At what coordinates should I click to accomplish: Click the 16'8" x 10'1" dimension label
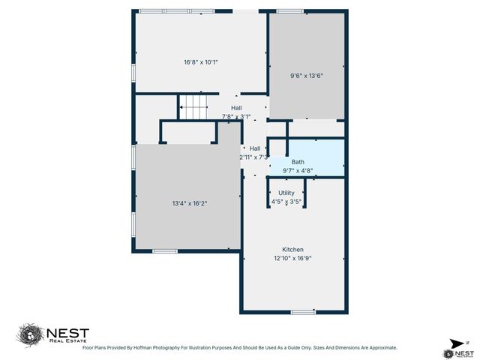201,61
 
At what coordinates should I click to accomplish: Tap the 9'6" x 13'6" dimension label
306,75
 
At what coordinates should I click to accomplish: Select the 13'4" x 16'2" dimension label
188,202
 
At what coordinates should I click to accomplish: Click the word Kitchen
292,250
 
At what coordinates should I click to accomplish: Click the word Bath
298,162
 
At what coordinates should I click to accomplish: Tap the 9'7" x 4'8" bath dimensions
298,171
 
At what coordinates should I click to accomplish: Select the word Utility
286,193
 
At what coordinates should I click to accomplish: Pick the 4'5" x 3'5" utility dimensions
286,202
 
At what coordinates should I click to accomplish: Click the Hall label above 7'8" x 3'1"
236,108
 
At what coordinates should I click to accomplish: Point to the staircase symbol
193,107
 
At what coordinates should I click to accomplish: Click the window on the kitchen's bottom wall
303,311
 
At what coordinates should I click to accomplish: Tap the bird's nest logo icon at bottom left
30,334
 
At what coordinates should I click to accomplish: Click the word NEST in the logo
68,332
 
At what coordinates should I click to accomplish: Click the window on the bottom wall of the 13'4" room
164,250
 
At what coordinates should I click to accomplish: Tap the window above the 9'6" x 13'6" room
289,11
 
